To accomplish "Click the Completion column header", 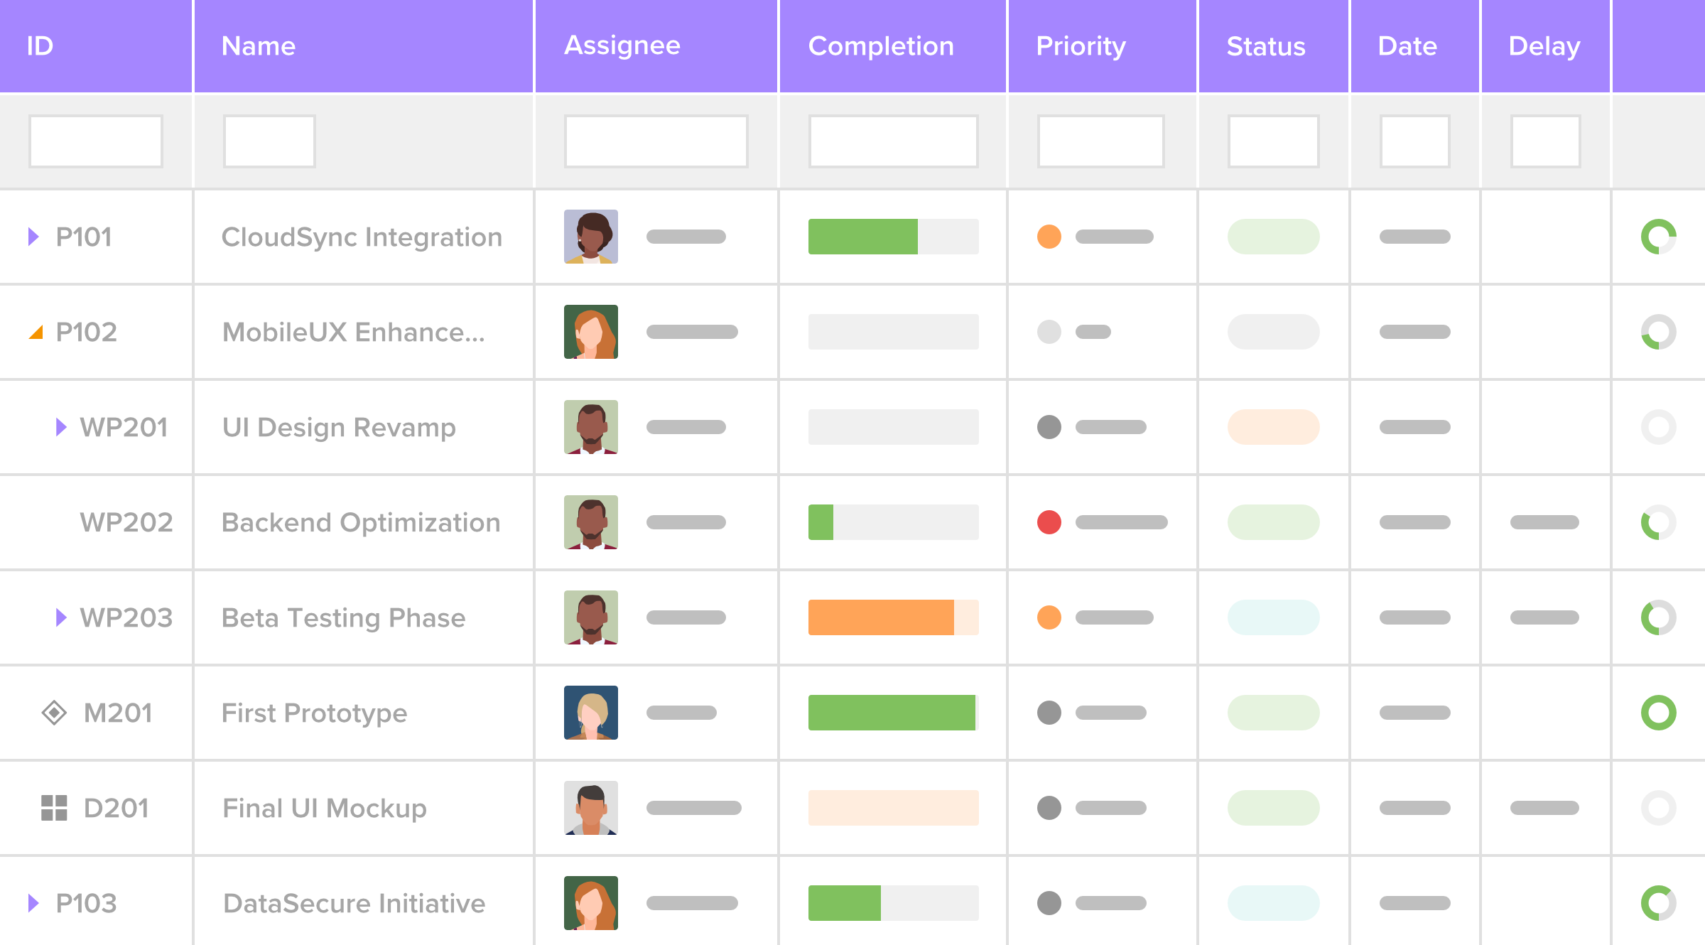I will (880, 46).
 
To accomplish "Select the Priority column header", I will (1080, 46).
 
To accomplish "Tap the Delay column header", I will (1544, 46).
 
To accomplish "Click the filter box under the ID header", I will (96, 141).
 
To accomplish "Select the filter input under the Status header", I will (1273, 141).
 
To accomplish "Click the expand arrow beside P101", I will (33, 237).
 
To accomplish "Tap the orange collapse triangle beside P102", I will (36, 332).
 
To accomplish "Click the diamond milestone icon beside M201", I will (54, 713).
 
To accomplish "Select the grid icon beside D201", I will (54, 808).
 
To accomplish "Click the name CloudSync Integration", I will (362, 237).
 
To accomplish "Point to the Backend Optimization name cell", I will (361, 523).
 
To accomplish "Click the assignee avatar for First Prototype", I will (590, 713).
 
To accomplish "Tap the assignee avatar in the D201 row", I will (590, 808).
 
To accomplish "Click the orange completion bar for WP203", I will (881, 617).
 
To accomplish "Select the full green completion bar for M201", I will (892, 713).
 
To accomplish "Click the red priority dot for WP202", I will (1049, 522).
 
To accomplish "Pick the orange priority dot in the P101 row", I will (1049, 237).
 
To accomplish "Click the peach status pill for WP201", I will (1273, 427).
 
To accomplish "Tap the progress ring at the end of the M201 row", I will (1658, 713).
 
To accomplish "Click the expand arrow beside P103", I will (33, 903).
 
